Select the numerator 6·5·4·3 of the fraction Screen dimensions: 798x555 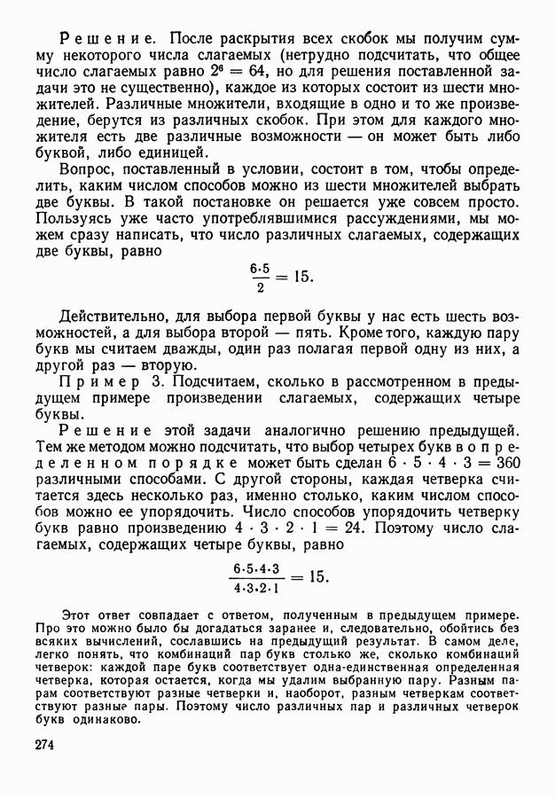pyautogui.click(x=257, y=567)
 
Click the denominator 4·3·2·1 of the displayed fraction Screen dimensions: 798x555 pyautogui.click(x=257, y=586)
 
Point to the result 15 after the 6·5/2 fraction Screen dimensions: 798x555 pyautogui.click(x=301, y=277)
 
